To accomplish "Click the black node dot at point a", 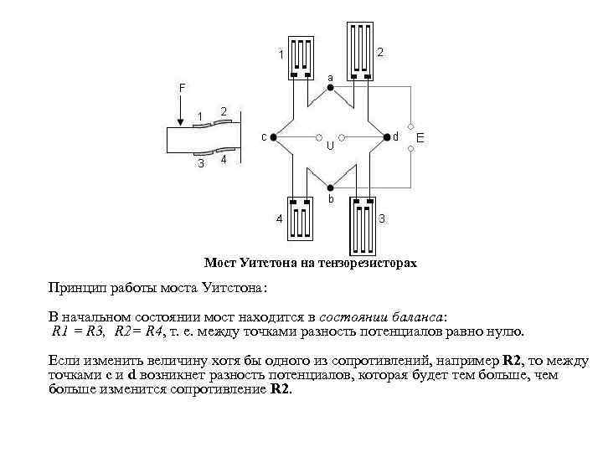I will [x=330, y=87].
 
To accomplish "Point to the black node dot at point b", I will [x=331, y=187].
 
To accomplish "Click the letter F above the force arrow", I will [x=183, y=87].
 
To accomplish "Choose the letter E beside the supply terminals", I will [x=421, y=136].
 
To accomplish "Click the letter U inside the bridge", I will [x=330, y=146].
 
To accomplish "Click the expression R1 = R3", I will [x=78, y=331].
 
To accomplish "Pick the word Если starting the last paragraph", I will [x=62, y=360].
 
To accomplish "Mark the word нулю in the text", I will [x=506, y=331].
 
